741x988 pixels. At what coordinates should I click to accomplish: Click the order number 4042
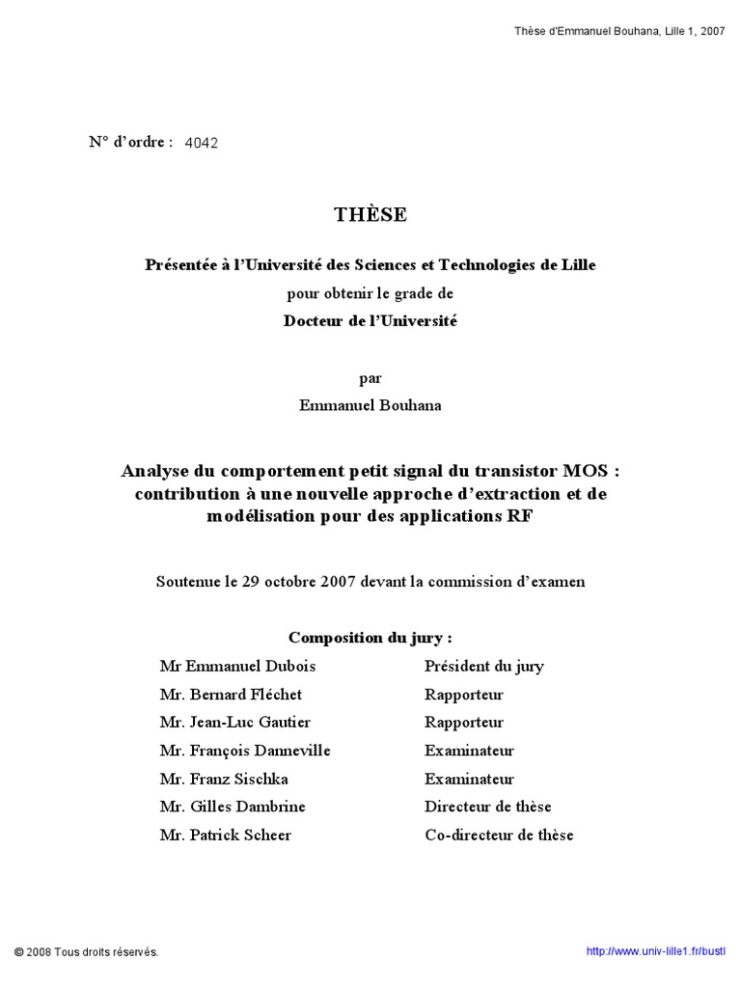pos(201,143)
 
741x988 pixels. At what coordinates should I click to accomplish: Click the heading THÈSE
pos(370,215)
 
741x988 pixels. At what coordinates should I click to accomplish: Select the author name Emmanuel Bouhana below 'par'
pos(370,405)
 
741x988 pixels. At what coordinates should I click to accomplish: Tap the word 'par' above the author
pos(370,378)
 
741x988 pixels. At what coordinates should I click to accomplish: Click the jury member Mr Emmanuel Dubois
pos(237,666)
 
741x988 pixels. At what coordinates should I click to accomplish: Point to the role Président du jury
pos(483,666)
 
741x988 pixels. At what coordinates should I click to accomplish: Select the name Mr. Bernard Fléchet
pos(231,694)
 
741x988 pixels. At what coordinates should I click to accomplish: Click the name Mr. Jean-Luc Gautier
pos(235,722)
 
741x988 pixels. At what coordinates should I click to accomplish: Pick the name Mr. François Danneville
pos(245,750)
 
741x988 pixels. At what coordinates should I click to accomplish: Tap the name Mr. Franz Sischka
pos(224,779)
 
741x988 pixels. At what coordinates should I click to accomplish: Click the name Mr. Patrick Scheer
pos(225,835)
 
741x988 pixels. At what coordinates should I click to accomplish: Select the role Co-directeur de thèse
pos(499,835)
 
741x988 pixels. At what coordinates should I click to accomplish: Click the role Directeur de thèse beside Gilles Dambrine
pos(487,807)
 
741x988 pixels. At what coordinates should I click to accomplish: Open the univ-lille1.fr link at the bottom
pos(655,951)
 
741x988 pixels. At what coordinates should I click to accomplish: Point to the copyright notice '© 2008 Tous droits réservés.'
pos(85,952)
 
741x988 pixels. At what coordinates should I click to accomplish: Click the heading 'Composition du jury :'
pos(370,638)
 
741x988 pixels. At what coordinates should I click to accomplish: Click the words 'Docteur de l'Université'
pos(370,321)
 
